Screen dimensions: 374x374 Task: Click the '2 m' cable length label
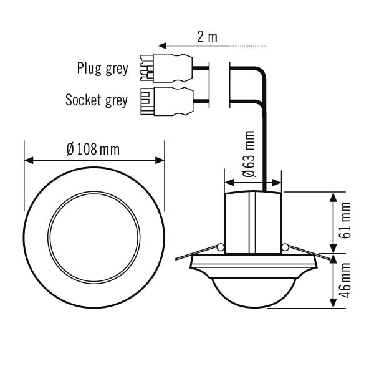pyautogui.click(x=207, y=37)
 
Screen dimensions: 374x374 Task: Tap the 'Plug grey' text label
pyautogui.click(x=103, y=69)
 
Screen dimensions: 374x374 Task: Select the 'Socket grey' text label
pyautogui.click(x=97, y=100)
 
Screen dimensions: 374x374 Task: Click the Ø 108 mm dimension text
pyautogui.click(x=93, y=150)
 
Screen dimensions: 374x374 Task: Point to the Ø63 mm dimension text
pyautogui.click(x=249, y=154)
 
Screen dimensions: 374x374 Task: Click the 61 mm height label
pyautogui.click(x=345, y=220)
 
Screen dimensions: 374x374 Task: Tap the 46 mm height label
pyautogui.click(x=345, y=280)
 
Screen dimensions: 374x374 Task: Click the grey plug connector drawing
pyautogui.click(x=166, y=68)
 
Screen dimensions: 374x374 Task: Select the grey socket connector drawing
pyautogui.click(x=166, y=102)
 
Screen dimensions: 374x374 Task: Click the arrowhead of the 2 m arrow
pyautogui.click(x=162, y=46)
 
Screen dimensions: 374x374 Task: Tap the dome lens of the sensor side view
pyautogui.click(x=254, y=293)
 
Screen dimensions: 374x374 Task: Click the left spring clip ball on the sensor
pyautogui.click(x=221, y=247)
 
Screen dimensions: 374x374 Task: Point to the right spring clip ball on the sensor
pyautogui.click(x=285, y=247)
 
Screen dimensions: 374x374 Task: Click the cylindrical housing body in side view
pyautogui.click(x=253, y=223)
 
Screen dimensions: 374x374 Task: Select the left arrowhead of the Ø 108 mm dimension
pyautogui.click(x=29, y=160)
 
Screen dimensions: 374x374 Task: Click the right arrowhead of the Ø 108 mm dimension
pyautogui.click(x=160, y=160)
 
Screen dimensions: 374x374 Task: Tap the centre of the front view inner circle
pyautogui.click(x=94, y=237)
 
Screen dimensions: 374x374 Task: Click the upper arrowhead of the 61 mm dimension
pyautogui.click(x=333, y=197)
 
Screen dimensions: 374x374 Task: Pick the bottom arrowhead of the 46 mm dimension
pyautogui.click(x=333, y=304)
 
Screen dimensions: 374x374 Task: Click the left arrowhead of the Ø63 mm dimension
pyautogui.click(x=229, y=183)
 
